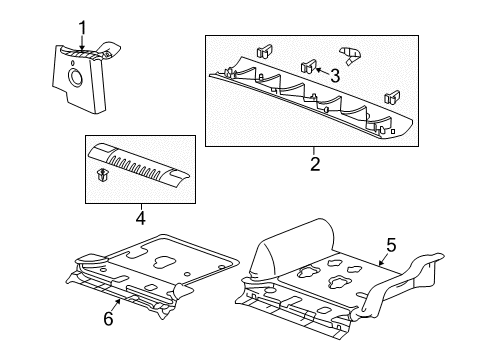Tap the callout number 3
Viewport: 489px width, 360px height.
(335, 75)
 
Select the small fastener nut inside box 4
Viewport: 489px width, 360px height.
(103, 177)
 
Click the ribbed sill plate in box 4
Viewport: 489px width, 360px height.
(140, 163)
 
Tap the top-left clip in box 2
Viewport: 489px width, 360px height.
(265, 51)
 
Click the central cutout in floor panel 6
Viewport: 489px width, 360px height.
(160, 263)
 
